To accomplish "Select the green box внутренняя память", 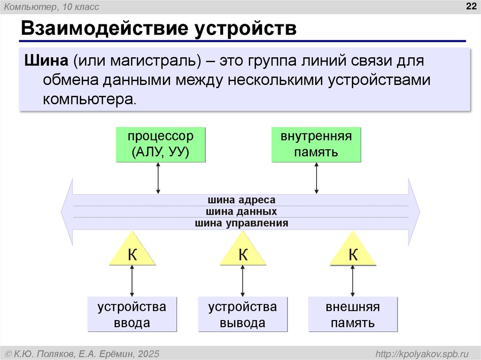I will click(316, 145).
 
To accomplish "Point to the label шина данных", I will click(241, 212).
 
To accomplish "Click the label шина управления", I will click(241, 223).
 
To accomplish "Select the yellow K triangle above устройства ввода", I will click(133, 253).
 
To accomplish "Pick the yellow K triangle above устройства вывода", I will click(243, 253).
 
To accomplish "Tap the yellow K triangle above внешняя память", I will click(353, 253).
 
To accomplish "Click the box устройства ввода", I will click(132, 314).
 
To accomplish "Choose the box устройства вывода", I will click(243, 314).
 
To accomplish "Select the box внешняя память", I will click(353, 314).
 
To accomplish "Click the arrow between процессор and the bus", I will click(158, 178).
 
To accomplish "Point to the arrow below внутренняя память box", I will click(317, 178).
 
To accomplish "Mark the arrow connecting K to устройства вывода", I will click(243, 281).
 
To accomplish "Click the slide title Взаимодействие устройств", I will click(158, 28).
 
